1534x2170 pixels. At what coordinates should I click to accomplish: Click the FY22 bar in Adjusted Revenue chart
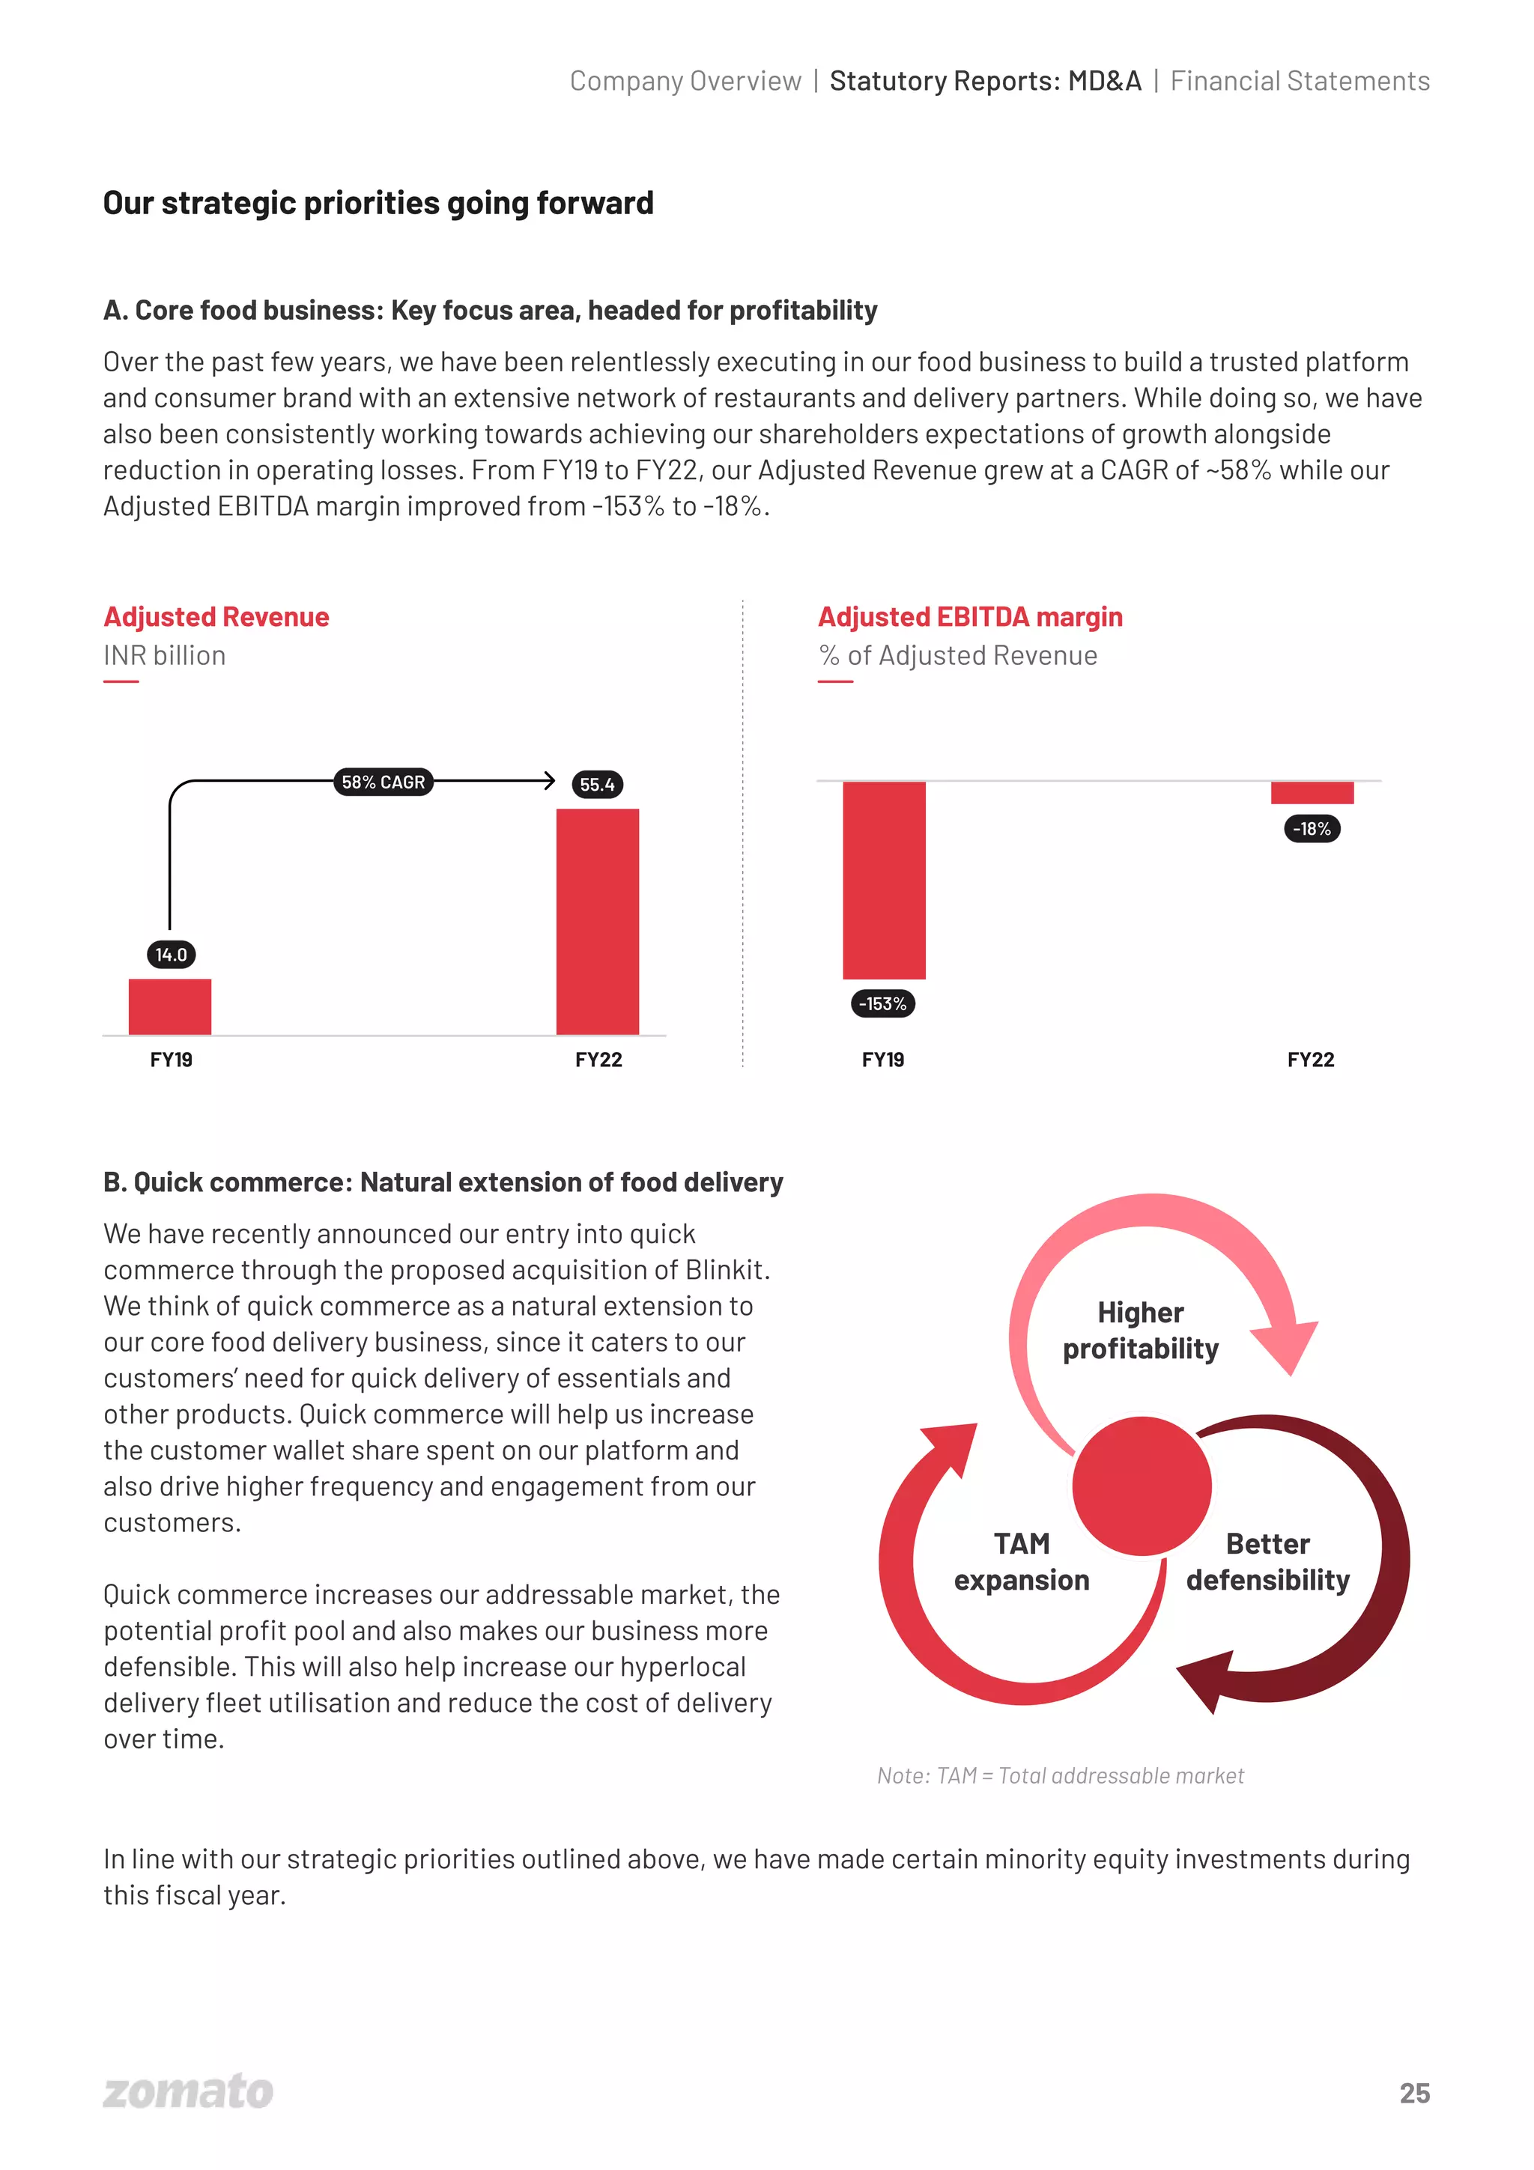(x=597, y=922)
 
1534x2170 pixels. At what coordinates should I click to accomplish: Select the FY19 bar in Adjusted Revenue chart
(x=170, y=1006)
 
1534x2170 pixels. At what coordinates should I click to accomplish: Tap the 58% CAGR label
(x=383, y=782)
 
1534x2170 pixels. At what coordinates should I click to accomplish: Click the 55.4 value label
(x=597, y=785)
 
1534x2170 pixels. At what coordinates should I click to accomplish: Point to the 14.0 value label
(x=171, y=955)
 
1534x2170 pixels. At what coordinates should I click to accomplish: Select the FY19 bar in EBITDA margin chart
(x=884, y=879)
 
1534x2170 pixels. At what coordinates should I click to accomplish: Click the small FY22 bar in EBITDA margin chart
(x=1312, y=792)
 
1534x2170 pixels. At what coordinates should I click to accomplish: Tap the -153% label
(x=883, y=1003)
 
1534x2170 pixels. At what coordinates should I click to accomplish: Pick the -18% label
(x=1312, y=829)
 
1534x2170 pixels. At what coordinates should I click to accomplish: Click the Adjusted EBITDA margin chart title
(x=970, y=617)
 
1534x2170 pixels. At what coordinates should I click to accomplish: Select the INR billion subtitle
(x=165, y=656)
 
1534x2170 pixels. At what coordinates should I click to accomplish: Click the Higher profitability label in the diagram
(x=1141, y=1331)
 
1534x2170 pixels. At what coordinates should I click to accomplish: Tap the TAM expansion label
(x=1022, y=1561)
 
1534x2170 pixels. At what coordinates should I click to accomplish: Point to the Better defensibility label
(x=1267, y=1561)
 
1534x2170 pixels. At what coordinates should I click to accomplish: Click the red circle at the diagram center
(x=1142, y=1486)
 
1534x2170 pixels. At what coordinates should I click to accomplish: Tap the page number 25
(x=1414, y=2094)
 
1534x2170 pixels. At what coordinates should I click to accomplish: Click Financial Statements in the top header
(x=1300, y=82)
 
